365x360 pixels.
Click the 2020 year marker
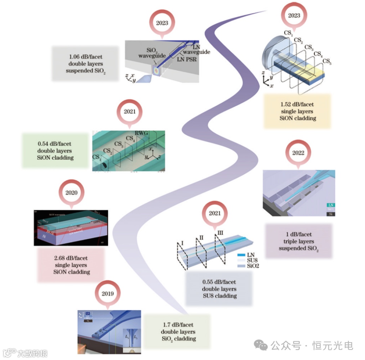[x=71, y=193]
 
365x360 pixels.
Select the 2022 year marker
[x=298, y=153]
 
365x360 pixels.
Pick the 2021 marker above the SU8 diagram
[x=215, y=213]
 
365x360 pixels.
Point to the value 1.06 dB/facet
[x=86, y=56]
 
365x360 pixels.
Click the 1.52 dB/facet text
[x=297, y=105]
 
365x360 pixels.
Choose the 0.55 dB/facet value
[x=219, y=282]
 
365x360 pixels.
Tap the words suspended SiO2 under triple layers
[x=298, y=249]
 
